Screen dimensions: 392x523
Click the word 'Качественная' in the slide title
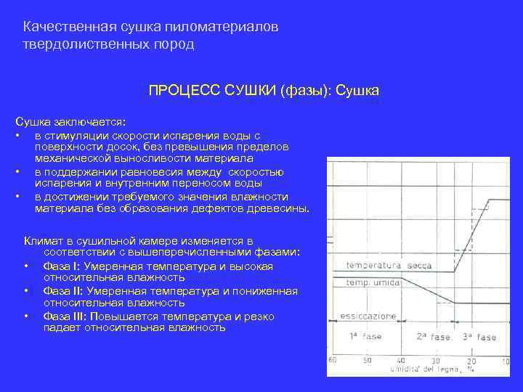[x=67, y=27]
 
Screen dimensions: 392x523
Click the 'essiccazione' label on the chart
[x=368, y=317]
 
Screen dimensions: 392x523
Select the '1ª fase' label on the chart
[x=364, y=337]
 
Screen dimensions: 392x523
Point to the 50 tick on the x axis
[x=367, y=360]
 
